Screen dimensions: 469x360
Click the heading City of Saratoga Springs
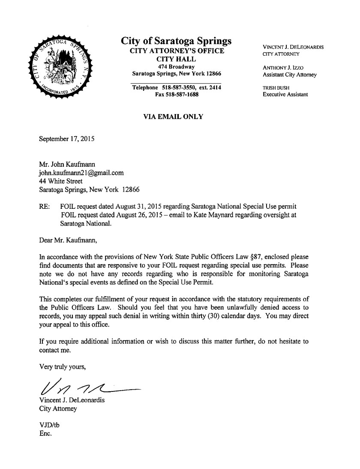pyautogui.click(x=177, y=41)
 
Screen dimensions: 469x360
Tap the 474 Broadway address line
pyautogui.click(x=177, y=67)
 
